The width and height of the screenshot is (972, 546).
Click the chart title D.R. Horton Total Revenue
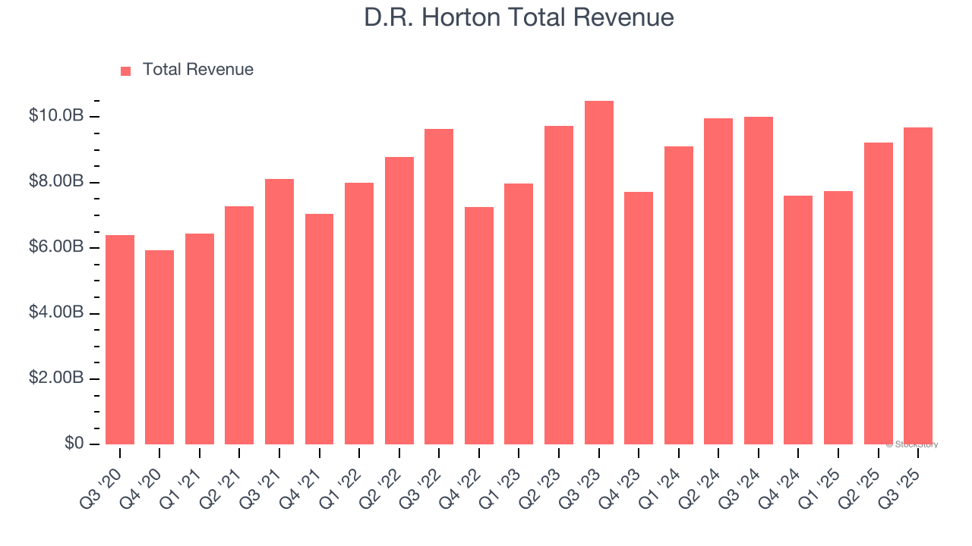point(519,17)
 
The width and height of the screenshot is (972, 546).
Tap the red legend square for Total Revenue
point(126,71)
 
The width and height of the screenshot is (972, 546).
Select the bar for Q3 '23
point(598,273)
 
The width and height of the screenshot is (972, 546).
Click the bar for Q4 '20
point(159,347)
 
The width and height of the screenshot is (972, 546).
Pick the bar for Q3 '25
point(918,286)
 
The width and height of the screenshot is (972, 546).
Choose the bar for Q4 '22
point(479,325)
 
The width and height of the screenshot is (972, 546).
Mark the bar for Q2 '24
point(718,281)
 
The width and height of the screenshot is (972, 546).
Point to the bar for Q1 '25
point(838,318)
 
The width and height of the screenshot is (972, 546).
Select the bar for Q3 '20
point(120,340)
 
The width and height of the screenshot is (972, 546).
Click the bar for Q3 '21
point(279,312)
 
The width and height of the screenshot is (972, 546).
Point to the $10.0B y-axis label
point(55,116)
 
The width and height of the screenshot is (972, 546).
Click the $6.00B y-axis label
point(55,247)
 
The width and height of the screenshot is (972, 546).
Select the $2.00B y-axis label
point(55,378)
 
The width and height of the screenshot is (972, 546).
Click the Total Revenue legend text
point(197,70)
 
